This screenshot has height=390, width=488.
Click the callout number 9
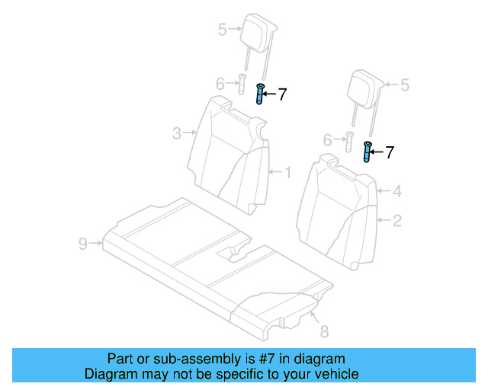coord(82,244)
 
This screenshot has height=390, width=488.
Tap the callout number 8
coord(323,331)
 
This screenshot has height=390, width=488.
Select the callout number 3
coord(176,134)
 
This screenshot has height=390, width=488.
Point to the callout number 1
coord(287,173)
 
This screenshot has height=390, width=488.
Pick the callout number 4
coord(396,192)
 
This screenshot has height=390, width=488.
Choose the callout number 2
coord(396,221)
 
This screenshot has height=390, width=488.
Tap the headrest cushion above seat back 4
coord(364,85)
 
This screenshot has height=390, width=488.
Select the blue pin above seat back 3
coord(260,94)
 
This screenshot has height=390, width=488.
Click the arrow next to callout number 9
coord(96,244)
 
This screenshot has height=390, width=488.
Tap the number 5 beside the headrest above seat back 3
coord(222,30)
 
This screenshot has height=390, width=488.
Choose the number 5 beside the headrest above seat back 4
coord(405,85)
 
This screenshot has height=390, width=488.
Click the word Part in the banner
coord(121,359)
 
